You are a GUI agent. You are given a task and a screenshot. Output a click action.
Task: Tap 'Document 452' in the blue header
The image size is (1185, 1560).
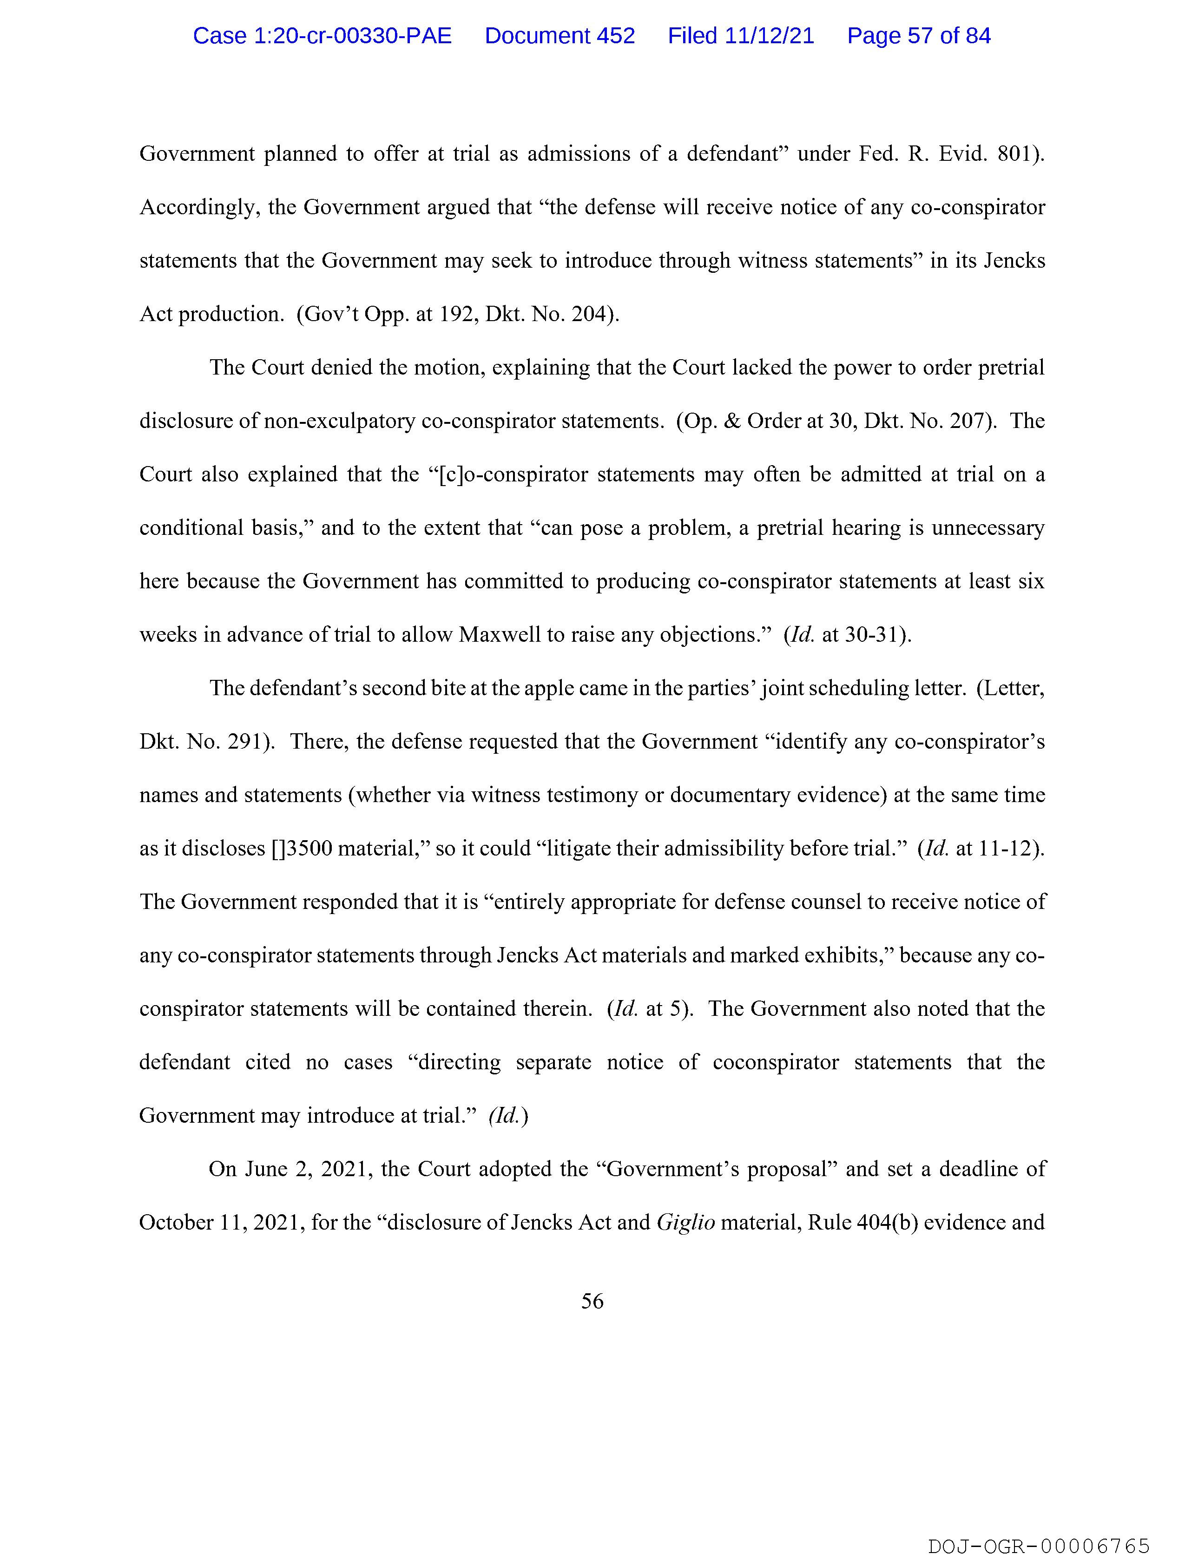point(560,36)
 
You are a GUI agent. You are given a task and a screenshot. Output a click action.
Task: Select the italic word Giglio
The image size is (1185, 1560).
point(685,1222)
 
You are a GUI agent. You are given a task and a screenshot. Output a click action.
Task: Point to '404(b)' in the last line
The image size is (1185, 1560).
point(886,1222)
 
